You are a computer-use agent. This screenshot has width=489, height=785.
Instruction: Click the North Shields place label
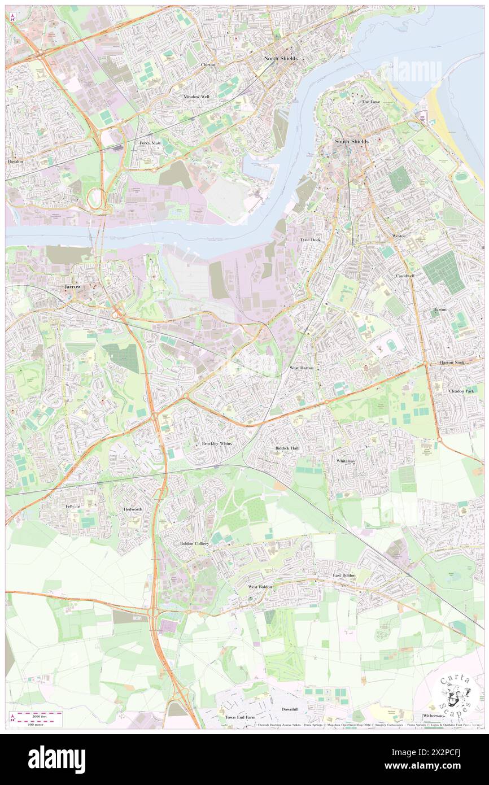click(x=281, y=59)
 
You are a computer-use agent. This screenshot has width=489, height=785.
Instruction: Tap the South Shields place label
click(x=351, y=141)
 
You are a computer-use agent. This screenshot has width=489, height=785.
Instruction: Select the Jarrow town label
click(x=69, y=287)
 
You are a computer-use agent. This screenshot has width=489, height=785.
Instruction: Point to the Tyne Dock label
click(x=310, y=240)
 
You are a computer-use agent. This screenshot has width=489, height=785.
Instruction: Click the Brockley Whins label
click(x=217, y=444)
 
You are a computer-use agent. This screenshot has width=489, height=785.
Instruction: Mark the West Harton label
click(x=302, y=368)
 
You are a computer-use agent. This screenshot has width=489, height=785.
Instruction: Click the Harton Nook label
click(x=452, y=362)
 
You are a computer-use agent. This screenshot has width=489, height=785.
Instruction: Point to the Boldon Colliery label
click(x=194, y=543)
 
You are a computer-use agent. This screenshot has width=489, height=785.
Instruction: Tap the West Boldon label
click(x=260, y=587)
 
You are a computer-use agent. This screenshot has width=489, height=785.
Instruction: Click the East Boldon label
click(x=344, y=575)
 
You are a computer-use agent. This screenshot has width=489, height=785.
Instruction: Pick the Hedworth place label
click(x=133, y=509)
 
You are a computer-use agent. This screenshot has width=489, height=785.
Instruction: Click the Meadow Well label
click(x=196, y=97)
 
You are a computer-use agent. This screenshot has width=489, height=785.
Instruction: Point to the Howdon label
click(x=15, y=162)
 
